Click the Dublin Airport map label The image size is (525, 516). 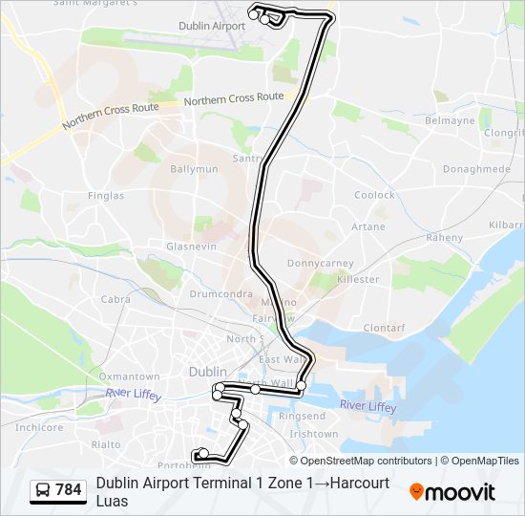point(212,26)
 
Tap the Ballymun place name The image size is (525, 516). point(194,169)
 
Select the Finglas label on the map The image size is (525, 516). point(105,196)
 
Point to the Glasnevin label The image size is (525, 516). point(191,246)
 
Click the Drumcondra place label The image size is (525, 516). point(220,294)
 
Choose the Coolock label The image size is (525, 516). point(374,195)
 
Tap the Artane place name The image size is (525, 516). point(368,227)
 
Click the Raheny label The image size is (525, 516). point(444,237)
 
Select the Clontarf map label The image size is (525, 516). point(385,328)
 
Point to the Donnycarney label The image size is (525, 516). point(321,263)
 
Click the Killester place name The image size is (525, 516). point(358,280)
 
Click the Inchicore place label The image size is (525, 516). point(39,427)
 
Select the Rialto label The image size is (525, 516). point(105,444)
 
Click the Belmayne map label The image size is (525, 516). point(450,122)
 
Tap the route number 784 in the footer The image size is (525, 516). point(69,490)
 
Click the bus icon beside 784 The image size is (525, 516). point(43,491)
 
